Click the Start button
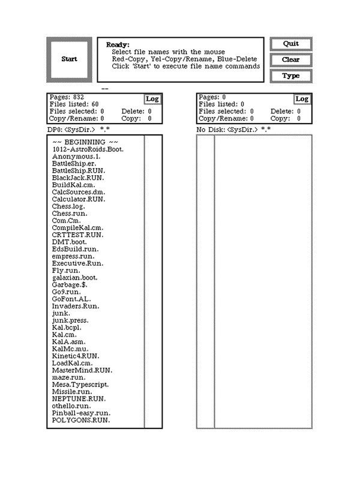[x=69, y=59]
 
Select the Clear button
[x=290, y=60]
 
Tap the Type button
[x=290, y=76]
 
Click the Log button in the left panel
[x=152, y=99]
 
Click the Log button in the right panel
[x=302, y=99]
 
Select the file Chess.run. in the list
[x=70, y=214]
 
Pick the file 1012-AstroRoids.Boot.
[x=88, y=149]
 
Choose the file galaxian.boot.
[x=74, y=278]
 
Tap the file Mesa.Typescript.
[x=80, y=385]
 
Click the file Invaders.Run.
[x=76, y=306]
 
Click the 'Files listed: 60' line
[x=74, y=104]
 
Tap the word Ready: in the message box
[x=118, y=44]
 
